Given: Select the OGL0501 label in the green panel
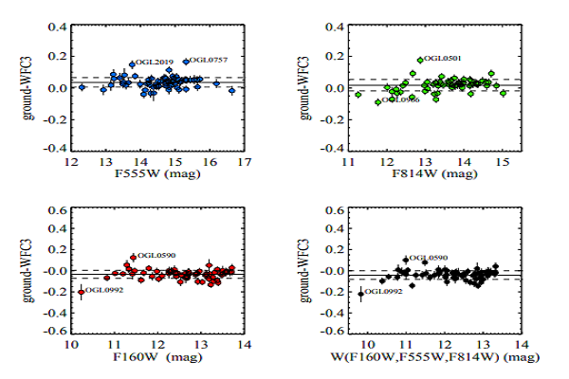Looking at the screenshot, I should pos(443,59).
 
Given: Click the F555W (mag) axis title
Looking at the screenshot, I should pos(156,173).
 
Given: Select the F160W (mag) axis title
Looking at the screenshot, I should pos(156,357).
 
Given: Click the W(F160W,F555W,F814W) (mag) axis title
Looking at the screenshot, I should pos(435,358).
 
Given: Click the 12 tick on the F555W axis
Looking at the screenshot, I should pos(71,161).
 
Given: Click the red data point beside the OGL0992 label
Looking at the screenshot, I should pos(81,292).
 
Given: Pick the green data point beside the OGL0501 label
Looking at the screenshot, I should pos(420,60).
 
